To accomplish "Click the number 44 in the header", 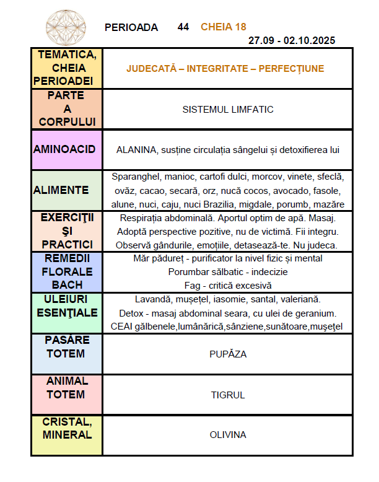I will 183,27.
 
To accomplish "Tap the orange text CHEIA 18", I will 223,27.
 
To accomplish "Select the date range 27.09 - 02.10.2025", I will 292,41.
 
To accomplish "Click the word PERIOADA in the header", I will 131,27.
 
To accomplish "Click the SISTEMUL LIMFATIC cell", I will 228,109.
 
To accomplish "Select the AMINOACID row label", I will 67,149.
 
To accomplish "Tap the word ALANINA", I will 133,149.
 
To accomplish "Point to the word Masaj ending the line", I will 324,218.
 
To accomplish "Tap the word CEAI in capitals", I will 123,326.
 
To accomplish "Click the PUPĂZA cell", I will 228,354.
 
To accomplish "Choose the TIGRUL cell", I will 228,395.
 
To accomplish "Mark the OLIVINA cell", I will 228,435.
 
